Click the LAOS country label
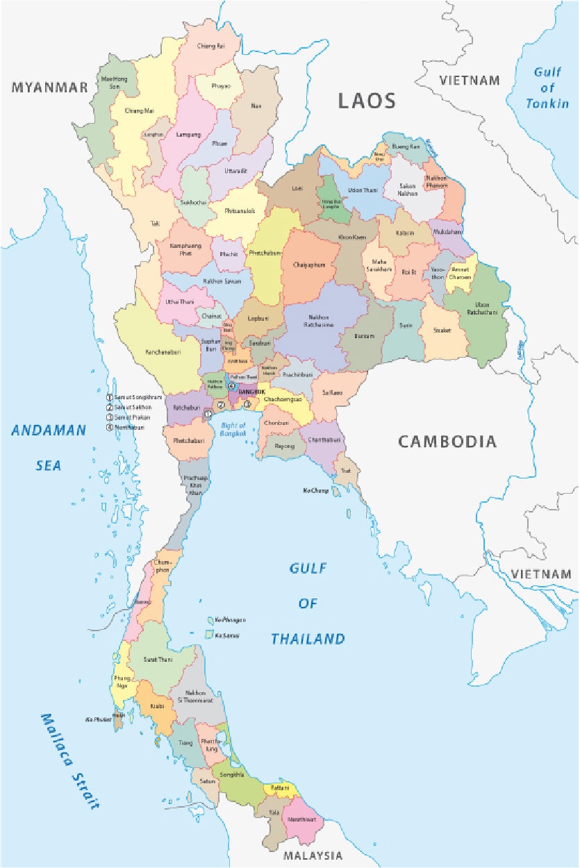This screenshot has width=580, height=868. click(367, 101)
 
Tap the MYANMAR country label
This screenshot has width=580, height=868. click(50, 87)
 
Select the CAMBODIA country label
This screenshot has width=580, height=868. click(447, 442)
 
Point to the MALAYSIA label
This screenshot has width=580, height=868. click(313, 856)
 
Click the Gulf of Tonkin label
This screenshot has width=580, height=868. click(547, 87)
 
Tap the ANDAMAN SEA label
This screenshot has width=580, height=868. click(49, 447)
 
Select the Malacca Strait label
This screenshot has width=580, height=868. click(69, 761)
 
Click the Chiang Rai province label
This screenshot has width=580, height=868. click(211, 47)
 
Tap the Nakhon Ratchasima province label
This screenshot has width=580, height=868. click(320, 321)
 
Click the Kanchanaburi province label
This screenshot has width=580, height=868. click(164, 353)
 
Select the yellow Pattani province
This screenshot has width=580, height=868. click(281, 788)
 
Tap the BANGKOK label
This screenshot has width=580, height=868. click(251, 392)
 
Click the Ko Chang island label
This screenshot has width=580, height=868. click(315, 491)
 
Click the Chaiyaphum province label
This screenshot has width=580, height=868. click(309, 265)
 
